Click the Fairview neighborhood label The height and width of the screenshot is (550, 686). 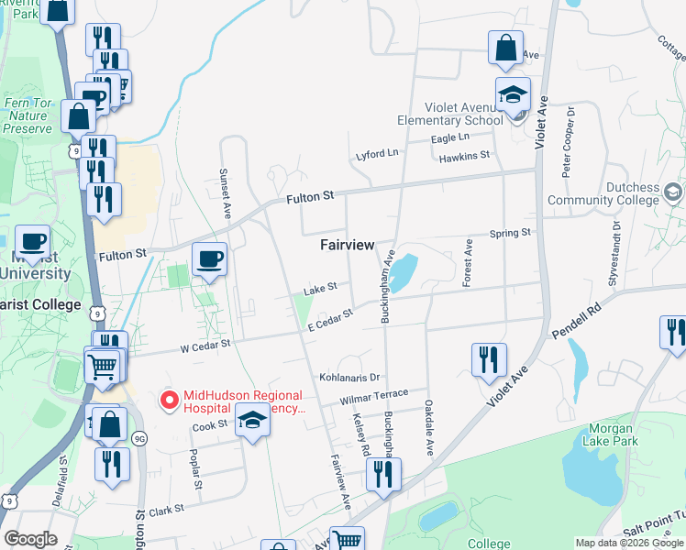coord(347,245)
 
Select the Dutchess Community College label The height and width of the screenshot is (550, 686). coord(603,193)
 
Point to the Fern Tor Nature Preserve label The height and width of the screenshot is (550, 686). coord(27,115)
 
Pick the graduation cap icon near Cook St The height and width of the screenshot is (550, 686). coord(252,421)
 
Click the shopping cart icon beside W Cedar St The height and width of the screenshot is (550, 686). coord(103,365)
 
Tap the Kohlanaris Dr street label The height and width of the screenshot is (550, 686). coord(349,377)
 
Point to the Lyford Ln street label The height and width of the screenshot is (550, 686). coord(378,153)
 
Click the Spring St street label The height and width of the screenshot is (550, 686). coord(511,233)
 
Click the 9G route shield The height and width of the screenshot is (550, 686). coord(138,438)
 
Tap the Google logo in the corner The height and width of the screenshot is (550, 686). coord(29,539)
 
